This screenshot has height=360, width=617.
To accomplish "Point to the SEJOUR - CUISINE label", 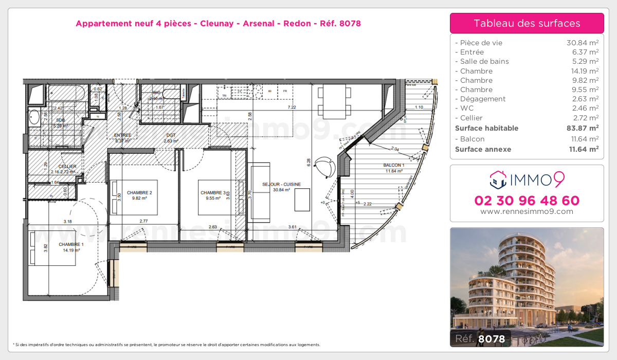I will [281, 184].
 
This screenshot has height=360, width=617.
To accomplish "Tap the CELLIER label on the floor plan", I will [67, 166].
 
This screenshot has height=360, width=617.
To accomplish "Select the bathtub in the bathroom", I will [66, 94].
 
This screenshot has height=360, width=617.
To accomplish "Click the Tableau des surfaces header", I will [527, 23].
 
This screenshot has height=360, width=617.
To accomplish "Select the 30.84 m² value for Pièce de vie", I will [582, 43].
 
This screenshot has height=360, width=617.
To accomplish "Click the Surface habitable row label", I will [486, 128].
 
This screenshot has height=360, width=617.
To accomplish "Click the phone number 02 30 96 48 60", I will [527, 201].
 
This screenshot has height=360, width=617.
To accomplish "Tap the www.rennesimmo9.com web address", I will [527, 211].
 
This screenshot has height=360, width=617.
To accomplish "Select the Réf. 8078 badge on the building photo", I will [481, 338].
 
